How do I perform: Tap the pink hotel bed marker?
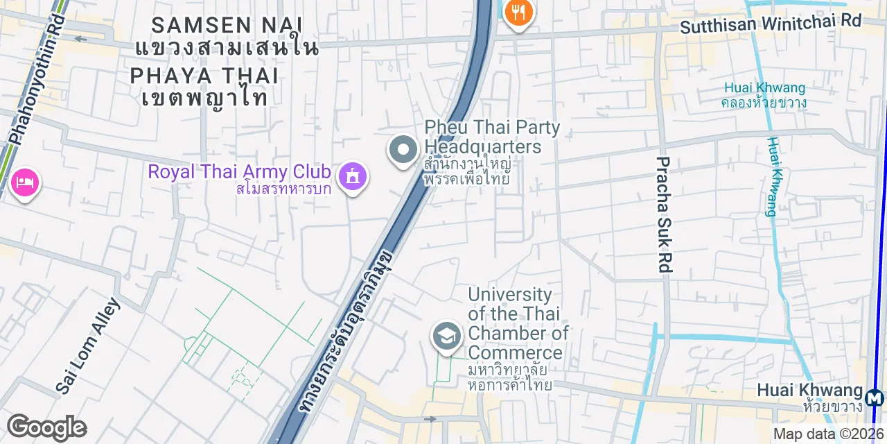[x=26, y=183]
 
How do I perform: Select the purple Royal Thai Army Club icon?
[x=353, y=176]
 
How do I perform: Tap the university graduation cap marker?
[x=447, y=336]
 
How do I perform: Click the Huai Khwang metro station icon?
[x=875, y=398]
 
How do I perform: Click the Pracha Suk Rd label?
[x=664, y=214]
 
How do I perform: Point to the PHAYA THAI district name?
[x=204, y=76]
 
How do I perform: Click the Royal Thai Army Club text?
[x=240, y=171]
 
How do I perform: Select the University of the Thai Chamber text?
[x=517, y=323]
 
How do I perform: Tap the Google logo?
[x=46, y=428]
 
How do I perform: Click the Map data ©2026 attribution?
[x=829, y=434]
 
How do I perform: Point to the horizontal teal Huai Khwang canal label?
[x=764, y=88]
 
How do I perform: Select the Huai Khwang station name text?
[x=809, y=391]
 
